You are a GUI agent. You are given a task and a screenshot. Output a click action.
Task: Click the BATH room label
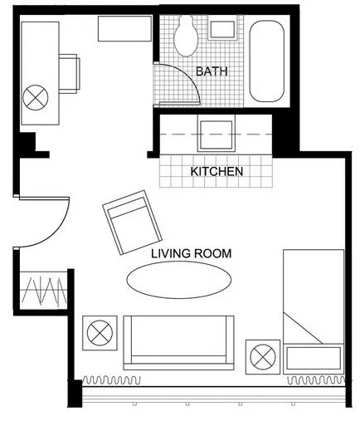[212, 71]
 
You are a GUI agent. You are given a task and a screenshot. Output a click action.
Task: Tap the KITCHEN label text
[216, 172]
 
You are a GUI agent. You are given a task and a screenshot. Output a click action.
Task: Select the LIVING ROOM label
[192, 253]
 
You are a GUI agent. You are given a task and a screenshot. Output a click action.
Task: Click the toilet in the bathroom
[186, 36]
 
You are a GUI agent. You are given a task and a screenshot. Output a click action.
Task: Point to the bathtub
[266, 61]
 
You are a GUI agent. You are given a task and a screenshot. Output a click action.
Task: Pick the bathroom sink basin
[222, 29]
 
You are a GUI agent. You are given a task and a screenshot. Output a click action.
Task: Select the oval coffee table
[179, 280]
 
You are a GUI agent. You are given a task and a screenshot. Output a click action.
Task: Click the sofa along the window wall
[178, 343]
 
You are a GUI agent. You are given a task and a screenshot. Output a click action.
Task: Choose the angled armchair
[132, 223]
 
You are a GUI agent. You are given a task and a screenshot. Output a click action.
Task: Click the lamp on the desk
[36, 97]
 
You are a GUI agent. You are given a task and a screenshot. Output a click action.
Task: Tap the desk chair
[69, 74]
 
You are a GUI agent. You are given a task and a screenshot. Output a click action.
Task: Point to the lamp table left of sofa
[100, 333]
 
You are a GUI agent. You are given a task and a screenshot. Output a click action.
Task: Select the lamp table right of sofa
[263, 357]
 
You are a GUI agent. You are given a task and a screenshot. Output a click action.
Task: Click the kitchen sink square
[216, 135]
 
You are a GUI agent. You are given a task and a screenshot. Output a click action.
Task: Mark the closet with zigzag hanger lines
[44, 290]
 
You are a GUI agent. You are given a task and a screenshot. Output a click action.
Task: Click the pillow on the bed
[314, 358]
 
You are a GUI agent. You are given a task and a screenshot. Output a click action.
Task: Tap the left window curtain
[111, 379]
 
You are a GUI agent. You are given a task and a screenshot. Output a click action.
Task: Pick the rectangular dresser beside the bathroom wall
[124, 29]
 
